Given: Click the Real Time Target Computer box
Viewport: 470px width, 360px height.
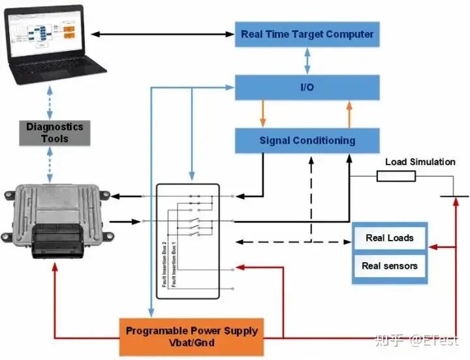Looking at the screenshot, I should pos(307,34).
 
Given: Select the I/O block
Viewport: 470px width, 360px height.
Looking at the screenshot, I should pos(307,87).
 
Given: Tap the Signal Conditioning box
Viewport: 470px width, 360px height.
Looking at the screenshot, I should pos(307,140).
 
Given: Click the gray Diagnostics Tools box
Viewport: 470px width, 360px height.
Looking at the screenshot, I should pos(55,133).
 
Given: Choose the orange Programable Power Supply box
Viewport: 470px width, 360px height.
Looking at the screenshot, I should pos(192,337).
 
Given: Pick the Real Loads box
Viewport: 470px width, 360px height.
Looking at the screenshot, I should pos(389,238).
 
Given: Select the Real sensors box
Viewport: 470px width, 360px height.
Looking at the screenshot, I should pos(389,265).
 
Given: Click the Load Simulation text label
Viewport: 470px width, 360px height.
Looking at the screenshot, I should pos(420,162).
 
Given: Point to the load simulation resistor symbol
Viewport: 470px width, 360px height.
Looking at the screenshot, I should pos(396,175).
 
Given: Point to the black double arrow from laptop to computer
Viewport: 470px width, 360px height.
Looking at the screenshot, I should pos(163,34).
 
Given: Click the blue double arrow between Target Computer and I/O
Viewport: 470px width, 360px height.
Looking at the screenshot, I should pos(306,61).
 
